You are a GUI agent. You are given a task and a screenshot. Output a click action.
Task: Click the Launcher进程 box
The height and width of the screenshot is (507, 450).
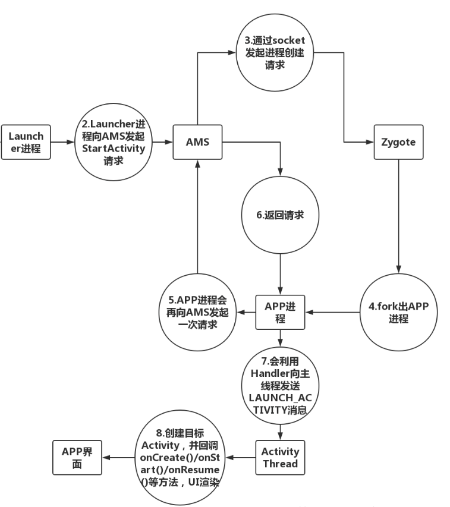(x=26, y=142)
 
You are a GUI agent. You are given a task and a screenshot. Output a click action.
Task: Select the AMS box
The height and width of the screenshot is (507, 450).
(x=197, y=142)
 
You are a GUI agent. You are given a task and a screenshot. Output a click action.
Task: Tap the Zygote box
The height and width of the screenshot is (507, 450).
(x=398, y=142)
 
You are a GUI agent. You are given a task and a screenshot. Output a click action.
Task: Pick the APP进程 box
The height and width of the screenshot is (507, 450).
(x=281, y=312)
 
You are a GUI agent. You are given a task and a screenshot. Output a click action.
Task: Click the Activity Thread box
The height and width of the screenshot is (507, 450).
(x=281, y=457)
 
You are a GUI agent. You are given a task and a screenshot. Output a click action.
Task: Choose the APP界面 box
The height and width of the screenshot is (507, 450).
(x=77, y=457)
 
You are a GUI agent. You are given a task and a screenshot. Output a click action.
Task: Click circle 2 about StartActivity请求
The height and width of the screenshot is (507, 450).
(x=114, y=142)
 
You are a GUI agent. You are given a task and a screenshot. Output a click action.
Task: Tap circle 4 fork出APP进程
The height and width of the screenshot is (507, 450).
(x=398, y=312)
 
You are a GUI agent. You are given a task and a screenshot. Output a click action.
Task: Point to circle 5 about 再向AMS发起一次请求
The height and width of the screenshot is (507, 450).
(x=197, y=312)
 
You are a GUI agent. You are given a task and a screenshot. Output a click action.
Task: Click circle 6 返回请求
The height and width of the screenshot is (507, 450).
(x=281, y=215)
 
